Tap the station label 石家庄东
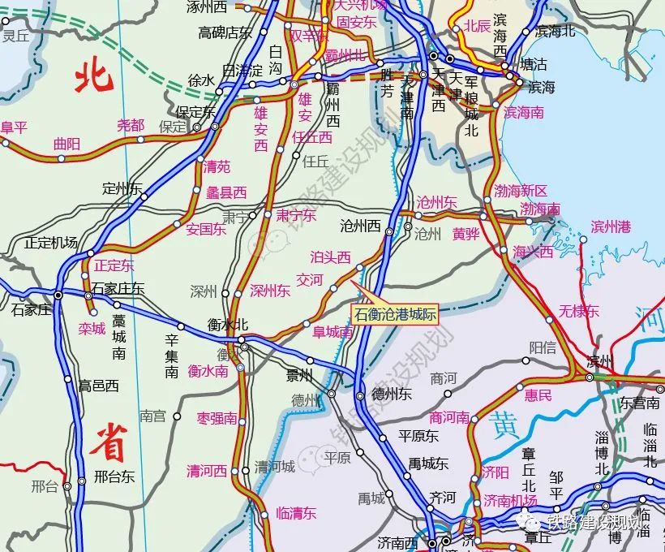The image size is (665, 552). (118, 287)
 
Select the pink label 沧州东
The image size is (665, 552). (437, 201)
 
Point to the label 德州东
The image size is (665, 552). (392, 394)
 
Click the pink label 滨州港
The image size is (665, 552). (611, 226)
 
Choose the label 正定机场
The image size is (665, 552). (51, 242)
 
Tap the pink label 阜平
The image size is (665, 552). (14, 127)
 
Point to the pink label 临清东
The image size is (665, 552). (296, 513)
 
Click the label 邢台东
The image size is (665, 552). (114, 476)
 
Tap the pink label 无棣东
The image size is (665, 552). (579, 310)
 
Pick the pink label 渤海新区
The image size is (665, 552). (521, 191)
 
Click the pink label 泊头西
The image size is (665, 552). (331, 257)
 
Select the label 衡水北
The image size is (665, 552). (228, 324)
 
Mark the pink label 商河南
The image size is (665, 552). (450, 417)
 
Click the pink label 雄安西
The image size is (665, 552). (260, 129)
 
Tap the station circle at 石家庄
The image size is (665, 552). (58, 295)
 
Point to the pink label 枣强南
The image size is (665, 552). (217, 419)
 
